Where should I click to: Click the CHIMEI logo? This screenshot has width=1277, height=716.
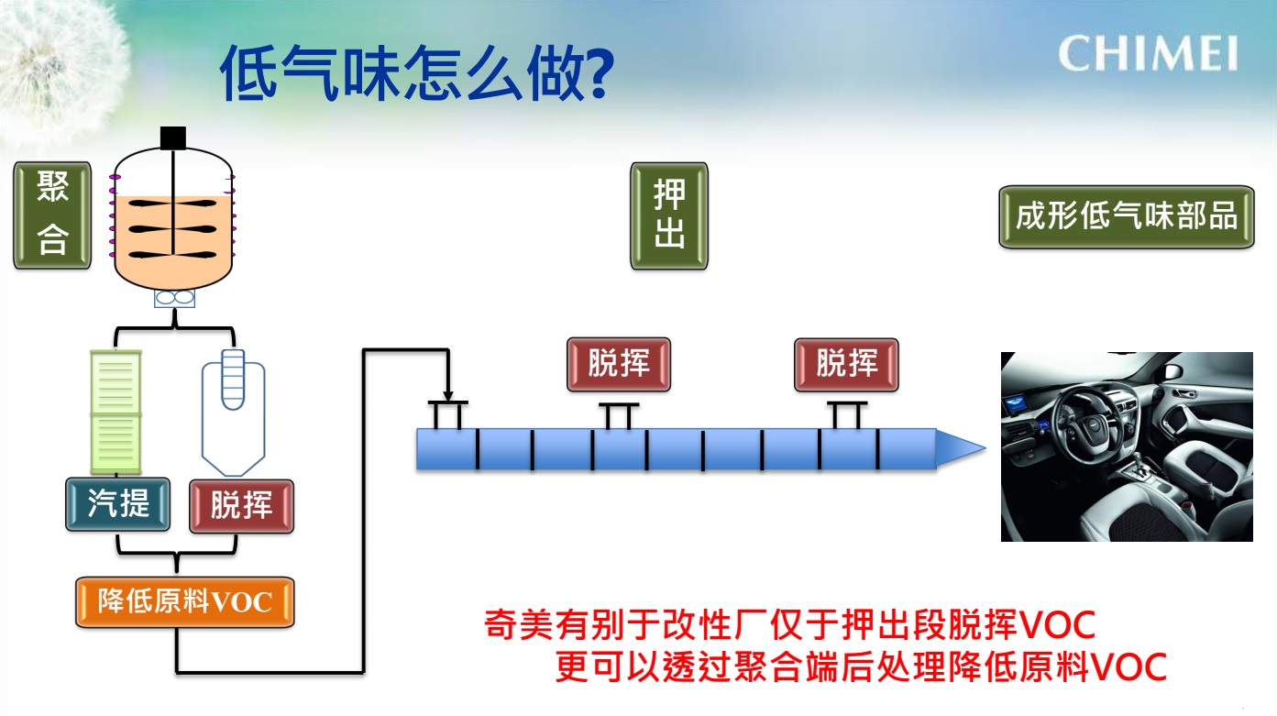tap(1148, 53)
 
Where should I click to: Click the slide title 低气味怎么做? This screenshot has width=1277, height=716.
tap(417, 73)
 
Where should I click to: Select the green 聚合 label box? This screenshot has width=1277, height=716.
tap(52, 215)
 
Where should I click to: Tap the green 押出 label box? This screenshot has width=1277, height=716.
tap(669, 215)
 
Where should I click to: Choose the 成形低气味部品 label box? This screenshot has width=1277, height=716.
tap(1127, 216)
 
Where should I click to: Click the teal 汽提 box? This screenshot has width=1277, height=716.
tap(118, 504)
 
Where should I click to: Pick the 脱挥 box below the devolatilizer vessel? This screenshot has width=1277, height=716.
tap(242, 506)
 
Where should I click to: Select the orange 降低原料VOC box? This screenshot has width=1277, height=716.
tap(185, 602)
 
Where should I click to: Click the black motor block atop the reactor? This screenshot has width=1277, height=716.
tap(173, 138)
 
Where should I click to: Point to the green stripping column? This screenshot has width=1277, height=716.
tap(116, 413)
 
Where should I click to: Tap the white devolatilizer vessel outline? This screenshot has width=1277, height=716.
tap(234, 413)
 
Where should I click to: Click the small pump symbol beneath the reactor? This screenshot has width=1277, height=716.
tap(174, 298)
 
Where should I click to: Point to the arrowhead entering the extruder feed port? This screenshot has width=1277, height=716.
tap(448, 396)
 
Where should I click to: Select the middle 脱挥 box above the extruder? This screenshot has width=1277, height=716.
tap(619, 364)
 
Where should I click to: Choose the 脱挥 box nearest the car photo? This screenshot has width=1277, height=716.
tap(846, 365)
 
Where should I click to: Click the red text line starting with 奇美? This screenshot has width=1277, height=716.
tap(789, 625)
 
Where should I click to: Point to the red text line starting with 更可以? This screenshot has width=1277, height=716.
tap(861, 666)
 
